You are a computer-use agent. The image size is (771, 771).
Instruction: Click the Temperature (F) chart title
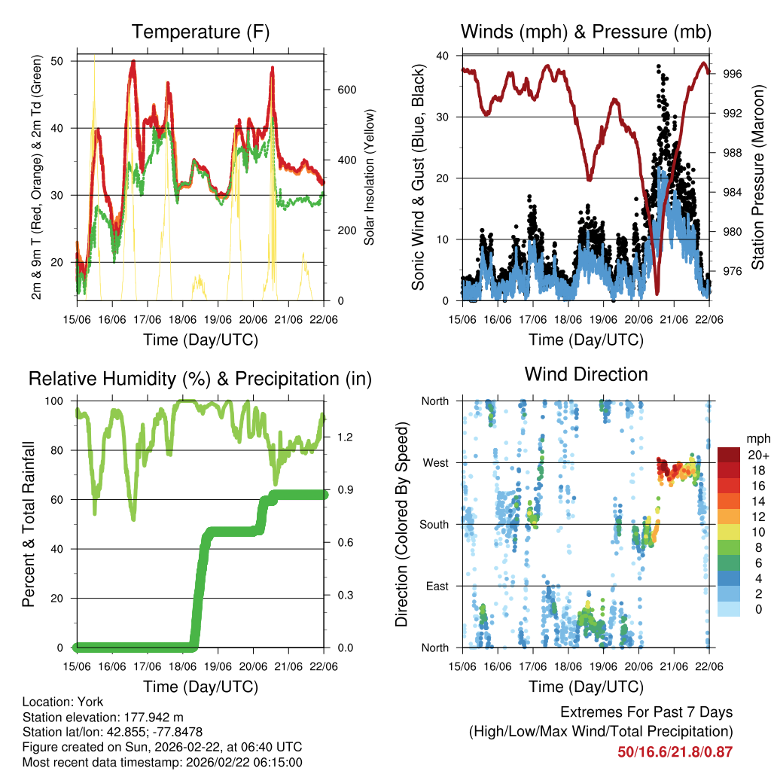[x=200, y=32]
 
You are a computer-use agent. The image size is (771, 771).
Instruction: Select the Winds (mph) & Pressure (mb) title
[x=586, y=32]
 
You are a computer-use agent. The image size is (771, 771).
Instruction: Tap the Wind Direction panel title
[x=586, y=374]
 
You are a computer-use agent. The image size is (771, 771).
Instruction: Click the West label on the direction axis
[x=434, y=462]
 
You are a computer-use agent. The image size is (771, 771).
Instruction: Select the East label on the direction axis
[x=436, y=586]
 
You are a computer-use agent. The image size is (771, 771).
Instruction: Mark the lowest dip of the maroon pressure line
[x=657, y=291]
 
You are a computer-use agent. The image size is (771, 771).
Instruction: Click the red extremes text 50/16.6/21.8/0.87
[x=675, y=751]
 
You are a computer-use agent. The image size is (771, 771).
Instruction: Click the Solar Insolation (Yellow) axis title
[x=370, y=178]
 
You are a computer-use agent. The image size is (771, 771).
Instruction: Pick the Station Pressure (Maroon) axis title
[x=757, y=178]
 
